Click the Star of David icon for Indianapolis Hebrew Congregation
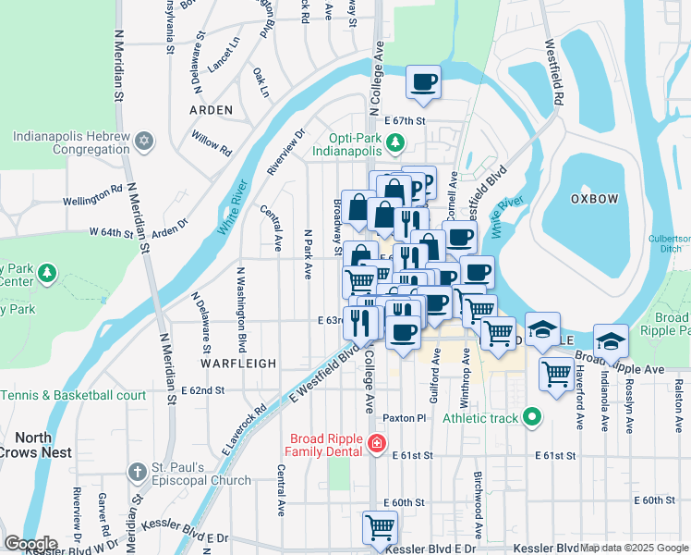point(143,142)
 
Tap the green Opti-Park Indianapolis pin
point(395,142)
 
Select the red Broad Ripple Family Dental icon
point(376,445)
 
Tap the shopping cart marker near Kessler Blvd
point(380,528)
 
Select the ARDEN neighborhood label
point(211,109)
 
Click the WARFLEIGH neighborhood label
point(238,364)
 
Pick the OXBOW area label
point(594,198)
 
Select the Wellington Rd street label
point(92,201)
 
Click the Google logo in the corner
point(31,544)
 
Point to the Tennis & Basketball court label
point(74,395)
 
